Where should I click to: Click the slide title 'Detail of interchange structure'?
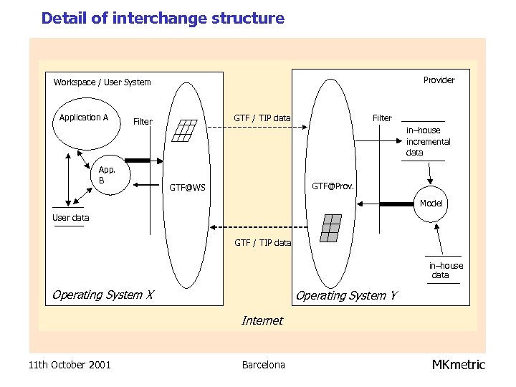tap(163, 19)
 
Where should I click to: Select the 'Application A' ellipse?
tap(85, 123)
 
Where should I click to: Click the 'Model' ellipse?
tap(431, 204)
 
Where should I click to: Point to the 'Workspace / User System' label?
tap(102, 82)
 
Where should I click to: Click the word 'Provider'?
tap(439, 80)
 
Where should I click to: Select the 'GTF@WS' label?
tap(187, 188)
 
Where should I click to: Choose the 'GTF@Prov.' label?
tap(333, 186)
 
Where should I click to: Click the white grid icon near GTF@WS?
tap(185, 130)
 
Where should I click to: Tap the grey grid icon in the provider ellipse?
tap(330, 227)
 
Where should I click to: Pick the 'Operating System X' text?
tap(102, 295)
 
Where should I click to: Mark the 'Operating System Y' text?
tap(346, 295)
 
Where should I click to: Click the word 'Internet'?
tap(262, 320)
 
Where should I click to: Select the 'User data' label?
tap(71, 218)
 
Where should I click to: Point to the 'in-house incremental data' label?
tap(428, 141)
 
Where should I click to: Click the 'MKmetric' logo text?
tap(458, 365)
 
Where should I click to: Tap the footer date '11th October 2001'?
tap(70, 365)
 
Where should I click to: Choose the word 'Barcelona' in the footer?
tap(263, 365)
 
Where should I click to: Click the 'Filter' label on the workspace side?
tap(143, 122)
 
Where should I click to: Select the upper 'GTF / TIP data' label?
tap(262, 118)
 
